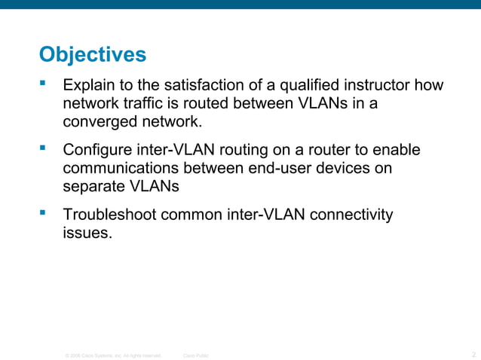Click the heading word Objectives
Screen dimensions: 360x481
92,56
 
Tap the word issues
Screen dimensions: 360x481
87,233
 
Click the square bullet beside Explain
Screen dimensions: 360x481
43,84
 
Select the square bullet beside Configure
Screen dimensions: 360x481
43,148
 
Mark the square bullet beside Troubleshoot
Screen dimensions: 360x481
43,213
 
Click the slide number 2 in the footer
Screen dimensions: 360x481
473,354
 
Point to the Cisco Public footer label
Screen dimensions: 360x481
196,355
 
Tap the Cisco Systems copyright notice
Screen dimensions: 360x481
113,355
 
